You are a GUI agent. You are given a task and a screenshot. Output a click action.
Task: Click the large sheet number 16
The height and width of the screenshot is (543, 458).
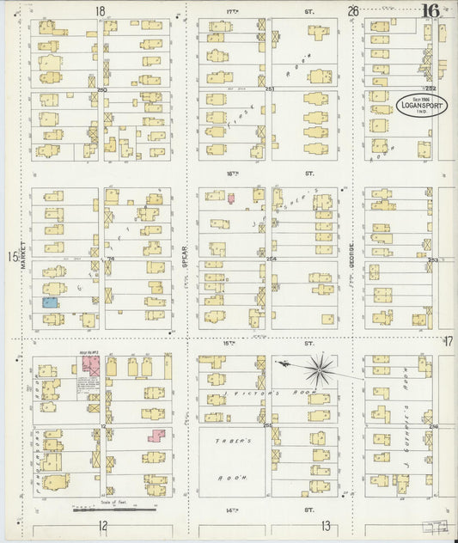click(x=431, y=11)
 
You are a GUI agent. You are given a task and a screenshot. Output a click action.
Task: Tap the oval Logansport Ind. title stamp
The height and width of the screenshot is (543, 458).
click(x=421, y=105)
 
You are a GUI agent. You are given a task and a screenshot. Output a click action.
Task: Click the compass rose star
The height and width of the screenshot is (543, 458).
click(x=322, y=369)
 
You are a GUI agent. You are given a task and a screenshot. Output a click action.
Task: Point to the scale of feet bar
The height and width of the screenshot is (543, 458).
click(x=107, y=510)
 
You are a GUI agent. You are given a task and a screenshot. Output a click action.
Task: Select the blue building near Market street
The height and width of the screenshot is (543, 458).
click(x=51, y=302)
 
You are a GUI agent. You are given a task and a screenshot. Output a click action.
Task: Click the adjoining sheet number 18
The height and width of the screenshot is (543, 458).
click(x=101, y=11)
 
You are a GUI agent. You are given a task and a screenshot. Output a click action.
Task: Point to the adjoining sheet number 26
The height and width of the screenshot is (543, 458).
click(x=352, y=11)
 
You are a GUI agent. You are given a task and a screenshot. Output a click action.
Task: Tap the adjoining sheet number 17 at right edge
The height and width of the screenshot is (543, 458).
click(x=447, y=342)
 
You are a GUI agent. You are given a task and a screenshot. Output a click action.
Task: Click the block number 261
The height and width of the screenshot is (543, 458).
click(x=269, y=89)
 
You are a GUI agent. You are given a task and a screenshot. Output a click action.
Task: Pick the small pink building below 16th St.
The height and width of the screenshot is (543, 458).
click(x=229, y=198)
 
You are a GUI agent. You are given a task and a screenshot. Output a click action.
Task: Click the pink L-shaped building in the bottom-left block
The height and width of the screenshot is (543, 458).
click(x=156, y=434)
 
